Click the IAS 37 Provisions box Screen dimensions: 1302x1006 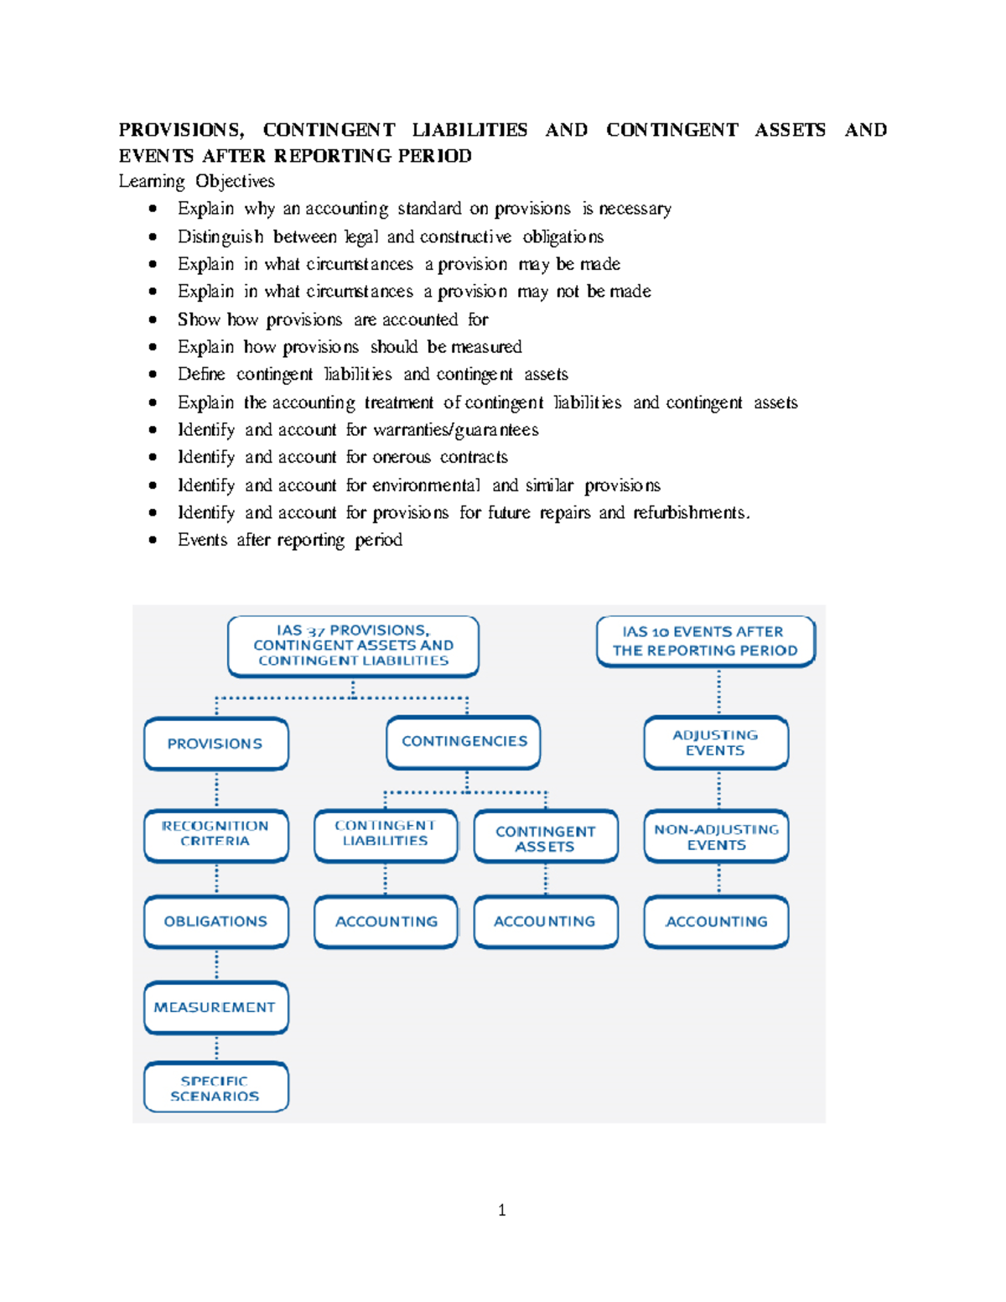coord(353,646)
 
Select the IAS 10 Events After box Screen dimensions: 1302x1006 coord(705,641)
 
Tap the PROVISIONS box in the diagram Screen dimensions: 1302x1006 coord(215,744)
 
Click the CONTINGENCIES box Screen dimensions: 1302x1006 coord(464,742)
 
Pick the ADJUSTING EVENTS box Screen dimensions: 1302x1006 coord(716,743)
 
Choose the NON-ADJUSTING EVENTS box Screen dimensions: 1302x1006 coord(716,837)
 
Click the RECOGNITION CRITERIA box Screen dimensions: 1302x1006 coord(215,834)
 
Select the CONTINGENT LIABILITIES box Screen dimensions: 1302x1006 coord(386,834)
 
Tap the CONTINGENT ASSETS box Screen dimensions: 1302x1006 coord(546,837)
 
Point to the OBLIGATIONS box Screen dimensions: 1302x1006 coord(215,921)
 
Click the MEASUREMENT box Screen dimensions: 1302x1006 coord(215,1007)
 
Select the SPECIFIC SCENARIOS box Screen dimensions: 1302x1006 coord(215,1088)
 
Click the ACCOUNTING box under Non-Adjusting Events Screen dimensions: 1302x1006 coord(716,921)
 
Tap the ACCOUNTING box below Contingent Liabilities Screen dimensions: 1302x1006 coord(386,921)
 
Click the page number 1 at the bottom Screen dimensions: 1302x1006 coord(501,1210)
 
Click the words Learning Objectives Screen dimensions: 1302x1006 coord(196,181)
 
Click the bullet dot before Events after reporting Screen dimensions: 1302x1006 coord(153,540)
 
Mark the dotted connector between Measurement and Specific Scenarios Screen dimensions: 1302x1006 coord(216,1048)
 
